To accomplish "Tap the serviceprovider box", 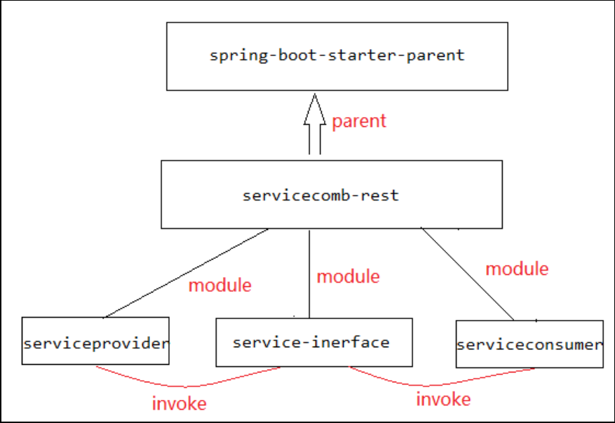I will (x=95, y=341).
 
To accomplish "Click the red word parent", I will (x=359, y=121).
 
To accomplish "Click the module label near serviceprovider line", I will (x=220, y=286).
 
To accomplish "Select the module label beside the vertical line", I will (x=349, y=276).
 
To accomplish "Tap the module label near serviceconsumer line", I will (x=517, y=269).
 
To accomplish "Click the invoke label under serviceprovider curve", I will (x=180, y=404).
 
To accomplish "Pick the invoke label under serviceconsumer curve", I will (x=443, y=399).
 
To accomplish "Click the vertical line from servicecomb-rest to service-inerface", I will (x=309, y=274).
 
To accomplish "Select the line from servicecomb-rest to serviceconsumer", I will (x=467, y=274).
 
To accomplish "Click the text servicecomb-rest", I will (x=320, y=195).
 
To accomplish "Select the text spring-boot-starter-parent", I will (x=337, y=55).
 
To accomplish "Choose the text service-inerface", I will (x=311, y=342).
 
